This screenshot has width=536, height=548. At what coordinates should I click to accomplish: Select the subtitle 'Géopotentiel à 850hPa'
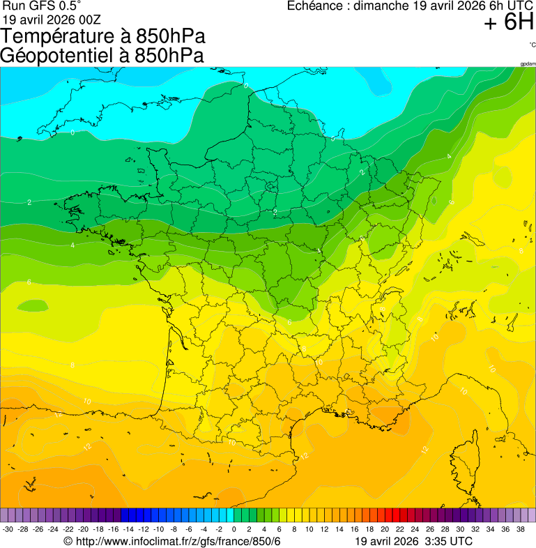[x=102, y=56]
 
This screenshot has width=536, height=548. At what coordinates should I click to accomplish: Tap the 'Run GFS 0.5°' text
[x=42, y=6]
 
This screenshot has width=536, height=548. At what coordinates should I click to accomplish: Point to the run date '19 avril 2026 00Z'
[x=52, y=20]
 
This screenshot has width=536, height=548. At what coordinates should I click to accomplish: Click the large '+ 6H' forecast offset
[x=508, y=24]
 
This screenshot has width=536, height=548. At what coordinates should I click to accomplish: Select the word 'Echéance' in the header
[x=318, y=6]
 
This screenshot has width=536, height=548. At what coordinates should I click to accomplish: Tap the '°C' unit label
[x=532, y=45]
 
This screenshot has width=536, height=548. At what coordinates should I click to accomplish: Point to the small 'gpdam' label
[x=528, y=63]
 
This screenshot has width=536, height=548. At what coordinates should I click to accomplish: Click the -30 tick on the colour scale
[x=8, y=530]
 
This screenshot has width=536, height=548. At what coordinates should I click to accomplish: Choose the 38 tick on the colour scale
[x=520, y=530]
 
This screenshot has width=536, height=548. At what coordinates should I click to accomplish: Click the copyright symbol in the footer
[x=68, y=542]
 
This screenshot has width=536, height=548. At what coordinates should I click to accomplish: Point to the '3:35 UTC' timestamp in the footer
[x=447, y=542]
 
